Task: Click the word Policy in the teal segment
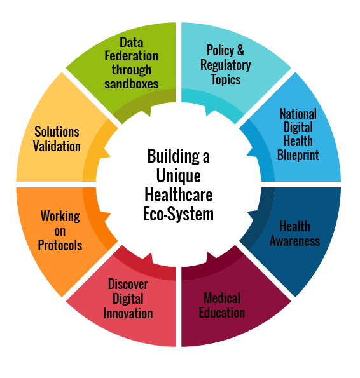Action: point(220,51)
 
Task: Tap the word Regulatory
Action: point(226,65)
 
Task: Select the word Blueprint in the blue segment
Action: point(298,155)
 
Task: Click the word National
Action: point(298,114)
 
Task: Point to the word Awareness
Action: point(295,241)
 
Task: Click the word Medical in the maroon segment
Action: point(222,298)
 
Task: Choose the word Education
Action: point(222,313)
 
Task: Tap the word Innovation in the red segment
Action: point(128,313)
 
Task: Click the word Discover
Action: point(128,284)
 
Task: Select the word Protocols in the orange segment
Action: point(60,245)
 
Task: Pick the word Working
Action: point(60,216)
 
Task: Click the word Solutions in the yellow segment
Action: point(57,132)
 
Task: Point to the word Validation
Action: point(57,146)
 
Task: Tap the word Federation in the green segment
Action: point(132,56)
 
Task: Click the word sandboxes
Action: point(132,84)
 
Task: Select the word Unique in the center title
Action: point(179,176)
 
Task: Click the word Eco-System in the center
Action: point(179,214)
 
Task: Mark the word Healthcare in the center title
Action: point(179,195)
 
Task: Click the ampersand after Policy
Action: point(240,50)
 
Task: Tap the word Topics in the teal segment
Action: point(226,79)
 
